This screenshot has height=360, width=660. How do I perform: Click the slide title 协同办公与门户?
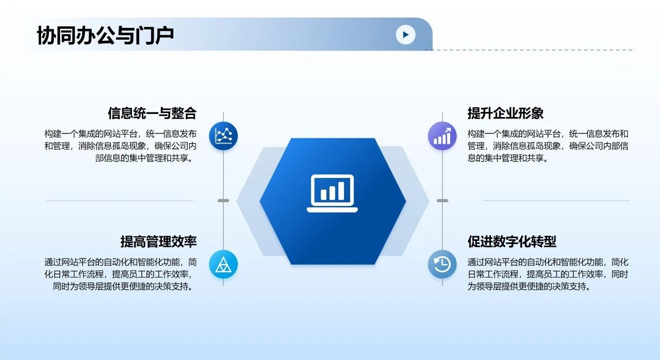105,36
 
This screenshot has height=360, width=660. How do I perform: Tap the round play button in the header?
405,35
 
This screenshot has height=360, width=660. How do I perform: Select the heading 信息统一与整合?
152,113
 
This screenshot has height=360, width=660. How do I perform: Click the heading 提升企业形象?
505,113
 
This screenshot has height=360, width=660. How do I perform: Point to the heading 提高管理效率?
158,241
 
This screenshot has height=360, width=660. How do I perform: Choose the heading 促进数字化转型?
512,241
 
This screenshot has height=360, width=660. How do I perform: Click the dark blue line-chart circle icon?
223,136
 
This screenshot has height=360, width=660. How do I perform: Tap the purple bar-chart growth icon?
442,136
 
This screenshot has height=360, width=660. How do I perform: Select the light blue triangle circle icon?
223,264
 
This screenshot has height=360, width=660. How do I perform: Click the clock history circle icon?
442,264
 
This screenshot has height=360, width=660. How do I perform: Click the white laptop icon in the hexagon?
333,193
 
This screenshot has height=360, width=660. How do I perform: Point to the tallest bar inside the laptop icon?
341,191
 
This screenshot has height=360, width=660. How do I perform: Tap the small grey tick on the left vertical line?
223,201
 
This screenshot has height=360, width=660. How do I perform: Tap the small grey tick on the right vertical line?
442,201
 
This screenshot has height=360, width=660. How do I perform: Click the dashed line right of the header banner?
529,50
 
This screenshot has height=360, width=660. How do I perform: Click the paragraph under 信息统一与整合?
121,146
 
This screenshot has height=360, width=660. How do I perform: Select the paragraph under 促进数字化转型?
548,274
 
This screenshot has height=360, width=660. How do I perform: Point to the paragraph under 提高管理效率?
121,274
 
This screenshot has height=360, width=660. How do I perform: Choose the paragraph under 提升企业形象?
548,146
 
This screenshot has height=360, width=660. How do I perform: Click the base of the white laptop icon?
333,210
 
